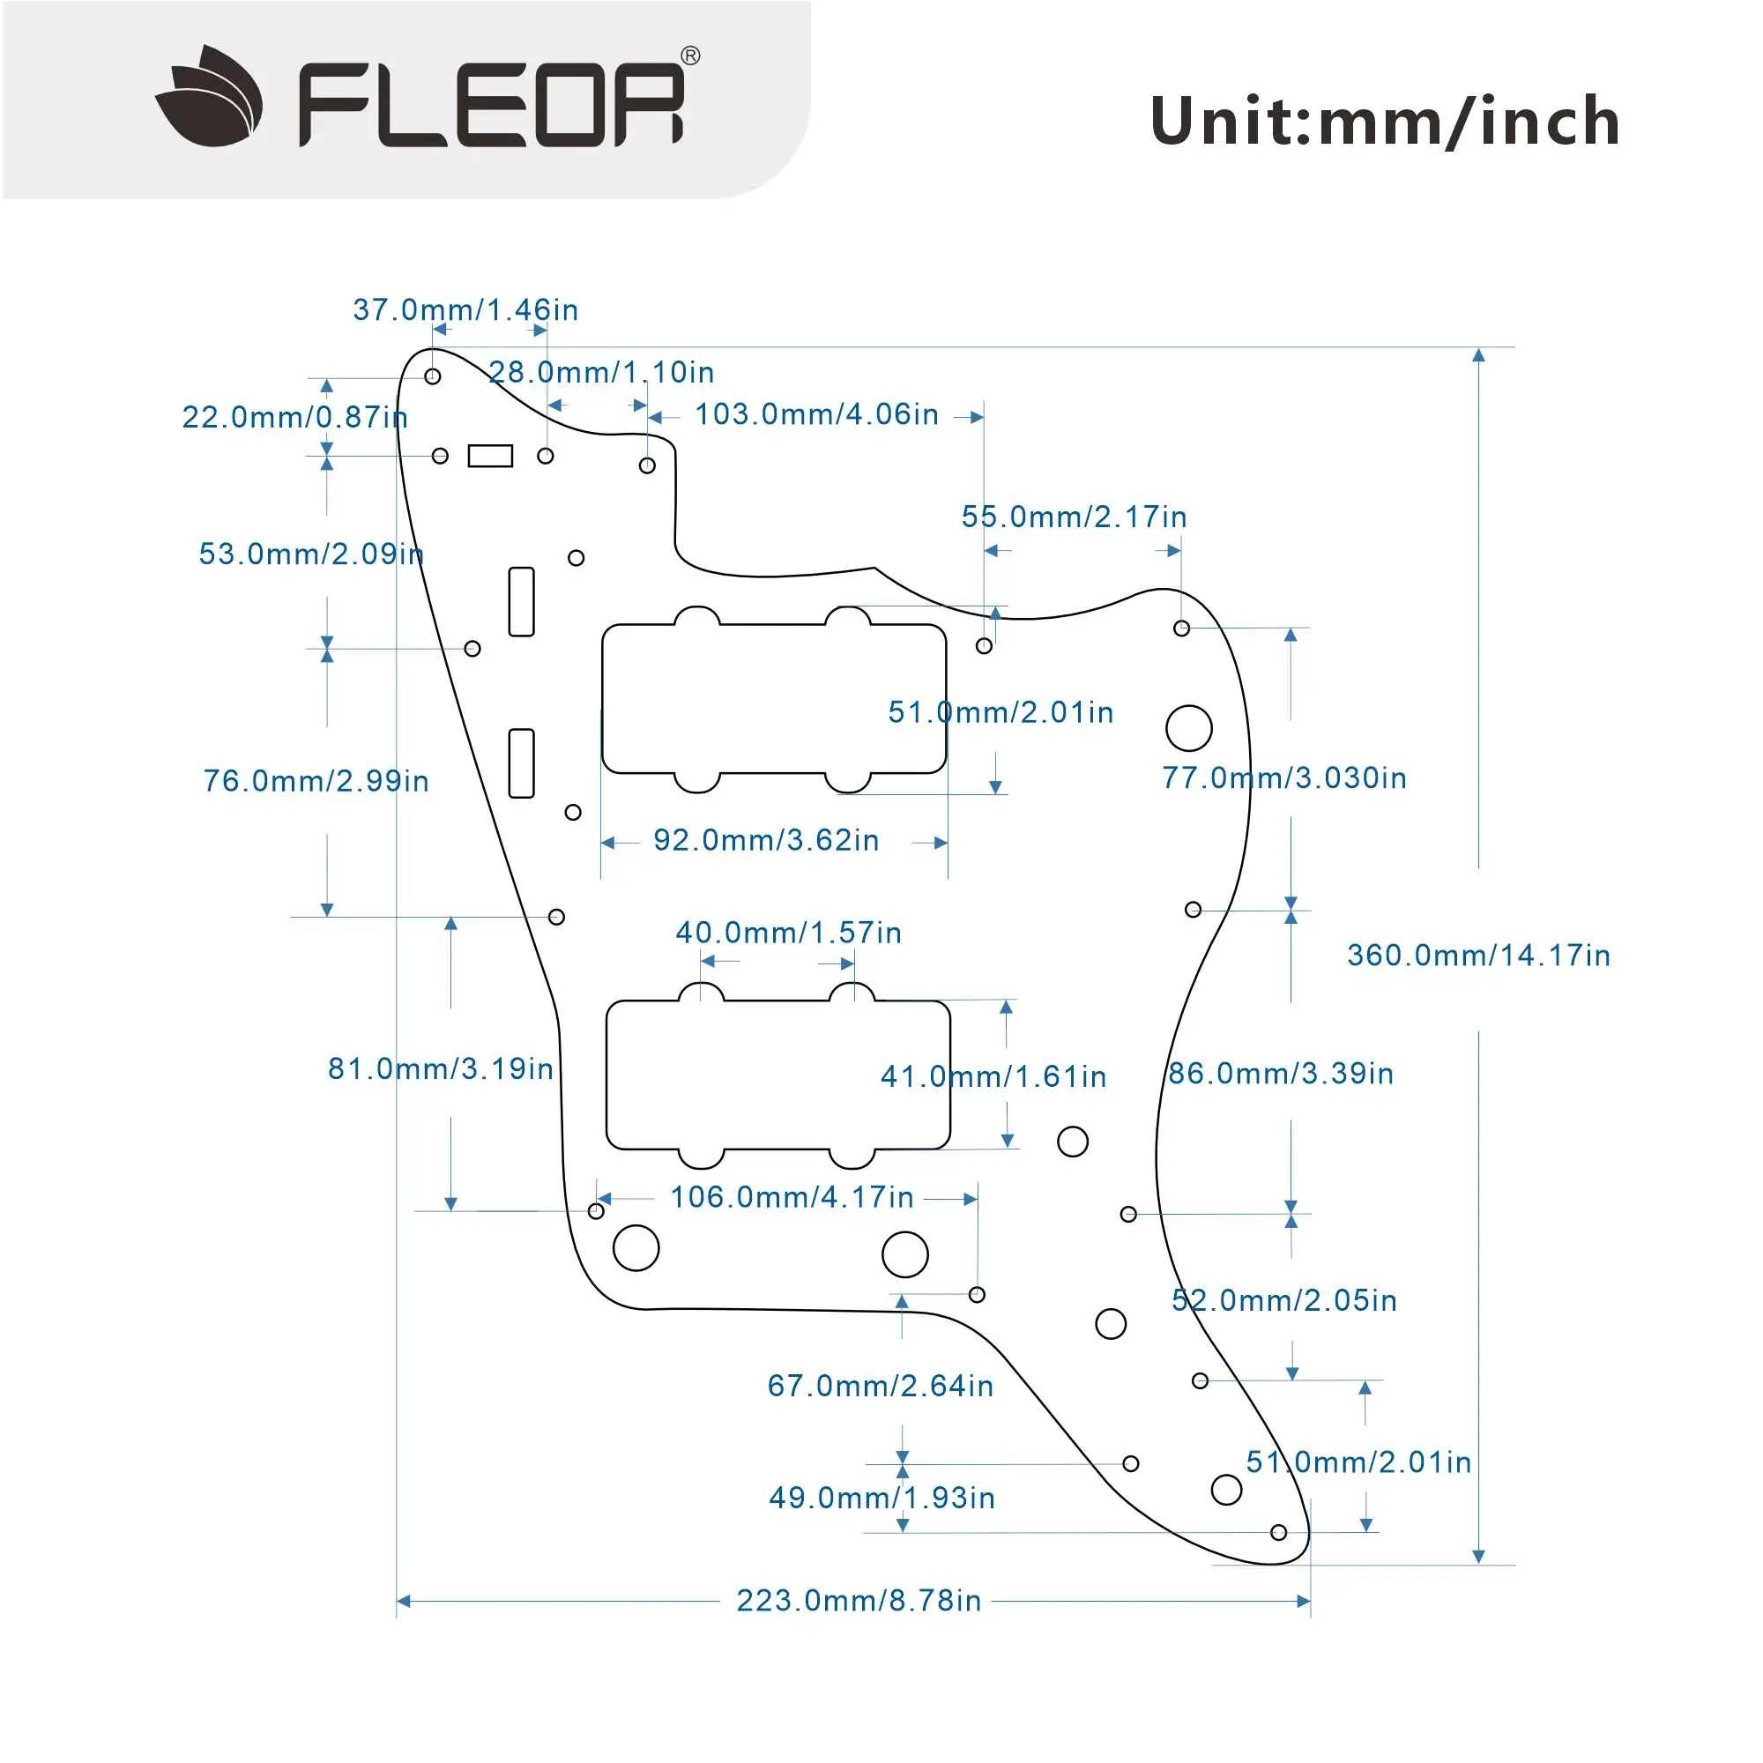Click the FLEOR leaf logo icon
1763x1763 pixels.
click(209, 96)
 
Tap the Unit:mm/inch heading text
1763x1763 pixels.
click(1384, 122)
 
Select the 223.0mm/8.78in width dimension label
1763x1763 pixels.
click(859, 1601)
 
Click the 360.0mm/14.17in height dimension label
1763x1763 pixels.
click(1478, 956)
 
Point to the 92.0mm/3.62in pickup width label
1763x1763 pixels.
click(767, 840)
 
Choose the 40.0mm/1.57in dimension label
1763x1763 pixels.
click(788, 933)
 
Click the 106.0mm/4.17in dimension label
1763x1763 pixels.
click(792, 1197)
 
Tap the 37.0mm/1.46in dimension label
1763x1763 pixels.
click(465, 310)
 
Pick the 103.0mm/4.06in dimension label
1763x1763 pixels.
click(817, 414)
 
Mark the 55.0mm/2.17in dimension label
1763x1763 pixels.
click(1074, 517)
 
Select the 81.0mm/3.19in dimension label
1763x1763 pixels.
click(441, 1068)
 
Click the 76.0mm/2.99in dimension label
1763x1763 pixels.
click(316, 781)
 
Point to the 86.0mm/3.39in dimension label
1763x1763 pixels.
click(1281, 1073)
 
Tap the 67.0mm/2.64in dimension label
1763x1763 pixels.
click(881, 1386)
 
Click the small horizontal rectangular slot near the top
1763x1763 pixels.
click(490, 456)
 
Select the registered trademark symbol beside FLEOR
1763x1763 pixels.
click(691, 56)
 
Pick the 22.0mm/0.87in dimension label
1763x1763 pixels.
click(294, 417)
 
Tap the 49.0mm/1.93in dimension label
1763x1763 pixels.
click(881, 1498)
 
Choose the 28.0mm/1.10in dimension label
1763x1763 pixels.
click(601, 372)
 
